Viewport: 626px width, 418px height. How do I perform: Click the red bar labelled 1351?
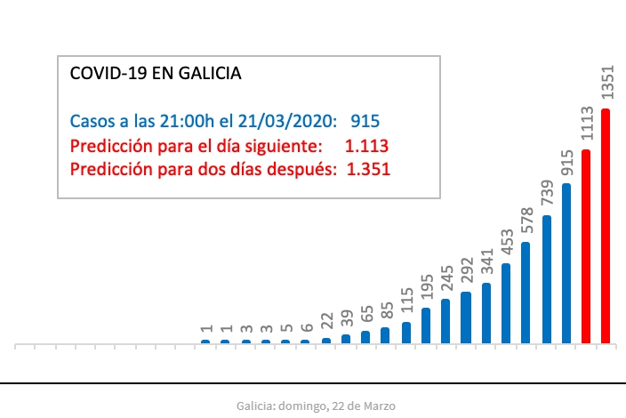pos(606,226)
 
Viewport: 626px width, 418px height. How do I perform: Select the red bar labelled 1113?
pos(586,246)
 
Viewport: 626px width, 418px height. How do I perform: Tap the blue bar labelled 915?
pos(566,263)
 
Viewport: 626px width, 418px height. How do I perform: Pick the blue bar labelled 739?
pos(547,279)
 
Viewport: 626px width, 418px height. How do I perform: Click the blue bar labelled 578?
pos(526,293)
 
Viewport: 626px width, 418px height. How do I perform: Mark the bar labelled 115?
pos(405,333)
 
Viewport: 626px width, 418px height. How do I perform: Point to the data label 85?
pos(386,311)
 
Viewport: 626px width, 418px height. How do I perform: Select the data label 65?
pos(365,316)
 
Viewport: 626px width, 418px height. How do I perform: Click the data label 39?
pos(346,320)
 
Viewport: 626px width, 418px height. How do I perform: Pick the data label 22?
pos(326,324)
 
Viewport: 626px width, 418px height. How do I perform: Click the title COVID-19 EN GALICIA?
pos(155,74)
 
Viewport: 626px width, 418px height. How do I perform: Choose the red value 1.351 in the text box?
pos(366,169)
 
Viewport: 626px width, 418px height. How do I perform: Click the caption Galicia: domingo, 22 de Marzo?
pos(317,406)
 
